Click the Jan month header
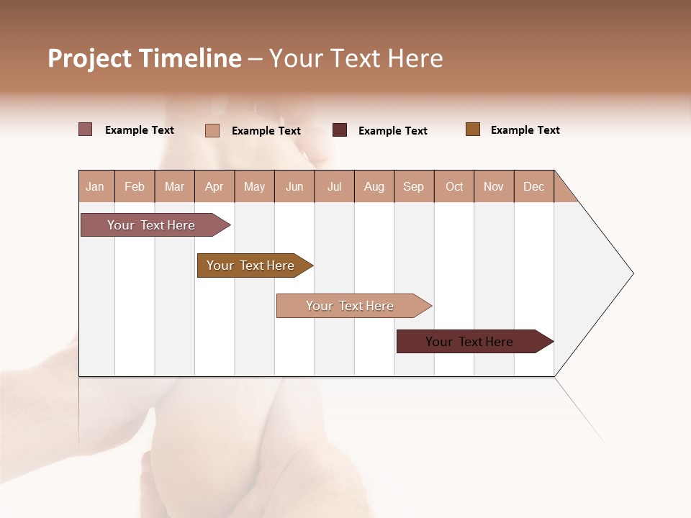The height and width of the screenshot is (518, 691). click(x=96, y=186)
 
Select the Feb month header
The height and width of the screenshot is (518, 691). click(x=135, y=186)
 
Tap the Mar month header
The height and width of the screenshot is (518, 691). click(x=174, y=186)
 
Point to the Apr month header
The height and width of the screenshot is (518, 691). click(x=214, y=186)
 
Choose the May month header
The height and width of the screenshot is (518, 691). click(x=254, y=186)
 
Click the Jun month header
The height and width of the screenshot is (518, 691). click(x=294, y=186)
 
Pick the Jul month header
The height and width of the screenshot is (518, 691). click(x=334, y=186)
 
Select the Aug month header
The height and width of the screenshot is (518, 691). click(x=374, y=186)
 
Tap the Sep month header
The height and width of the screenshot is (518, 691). click(x=414, y=186)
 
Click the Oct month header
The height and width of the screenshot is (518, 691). click(x=454, y=186)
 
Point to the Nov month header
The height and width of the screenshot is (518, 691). click(x=494, y=186)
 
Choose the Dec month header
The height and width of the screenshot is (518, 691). click(x=534, y=186)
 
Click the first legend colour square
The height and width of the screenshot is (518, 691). click(x=86, y=129)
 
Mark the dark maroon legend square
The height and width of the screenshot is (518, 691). click(x=340, y=129)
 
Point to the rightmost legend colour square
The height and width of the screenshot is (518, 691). click(x=473, y=129)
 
